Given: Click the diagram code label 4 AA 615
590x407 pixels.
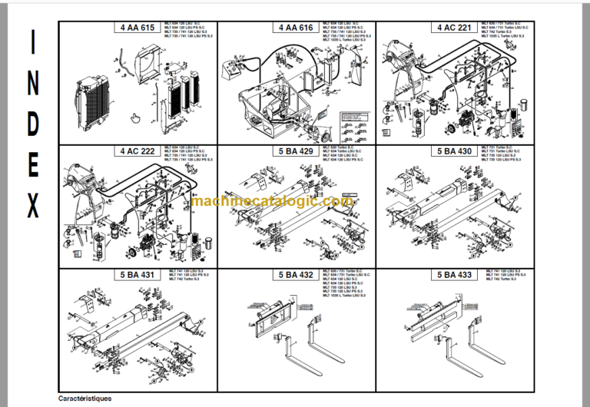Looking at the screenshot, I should (x=138, y=28).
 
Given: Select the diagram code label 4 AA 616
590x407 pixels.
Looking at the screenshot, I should (x=296, y=28).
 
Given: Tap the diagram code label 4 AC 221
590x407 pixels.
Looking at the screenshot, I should (x=454, y=28).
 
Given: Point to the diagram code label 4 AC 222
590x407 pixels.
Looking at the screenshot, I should (x=138, y=151).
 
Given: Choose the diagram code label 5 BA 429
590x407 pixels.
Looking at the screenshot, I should (x=296, y=151).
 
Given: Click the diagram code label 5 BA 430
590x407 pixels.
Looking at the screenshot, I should (x=454, y=151).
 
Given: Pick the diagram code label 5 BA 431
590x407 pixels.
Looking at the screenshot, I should (x=138, y=274).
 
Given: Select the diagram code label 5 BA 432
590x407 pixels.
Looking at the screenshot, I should (x=296, y=274).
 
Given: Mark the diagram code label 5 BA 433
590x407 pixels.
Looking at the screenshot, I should (x=454, y=274).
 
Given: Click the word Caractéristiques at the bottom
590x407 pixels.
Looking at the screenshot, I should (x=85, y=399).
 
